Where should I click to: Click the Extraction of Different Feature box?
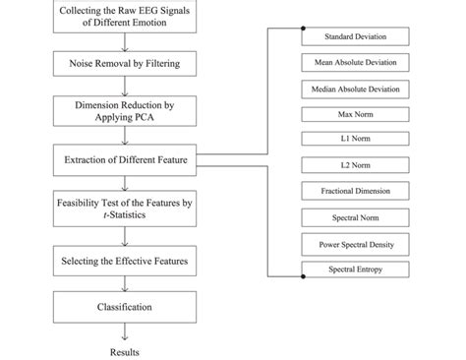coord(124,157)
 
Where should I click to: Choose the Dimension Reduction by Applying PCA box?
coord(124,110)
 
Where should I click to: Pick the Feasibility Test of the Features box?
coord(124,209)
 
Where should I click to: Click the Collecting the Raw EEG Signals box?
coord(124,19)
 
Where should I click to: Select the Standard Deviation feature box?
coord(355,37)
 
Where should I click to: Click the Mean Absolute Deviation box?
coord(355,63)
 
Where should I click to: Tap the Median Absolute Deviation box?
coord(355,89)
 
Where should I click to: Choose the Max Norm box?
coord(355,114)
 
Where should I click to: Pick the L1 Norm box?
coord(355,140)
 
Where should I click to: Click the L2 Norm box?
coord(355,165)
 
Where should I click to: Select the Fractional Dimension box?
coord(355,191)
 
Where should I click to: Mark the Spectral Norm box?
coord(355,216)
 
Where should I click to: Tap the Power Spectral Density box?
coord(355,242)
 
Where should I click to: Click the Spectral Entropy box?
coord(355,268)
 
